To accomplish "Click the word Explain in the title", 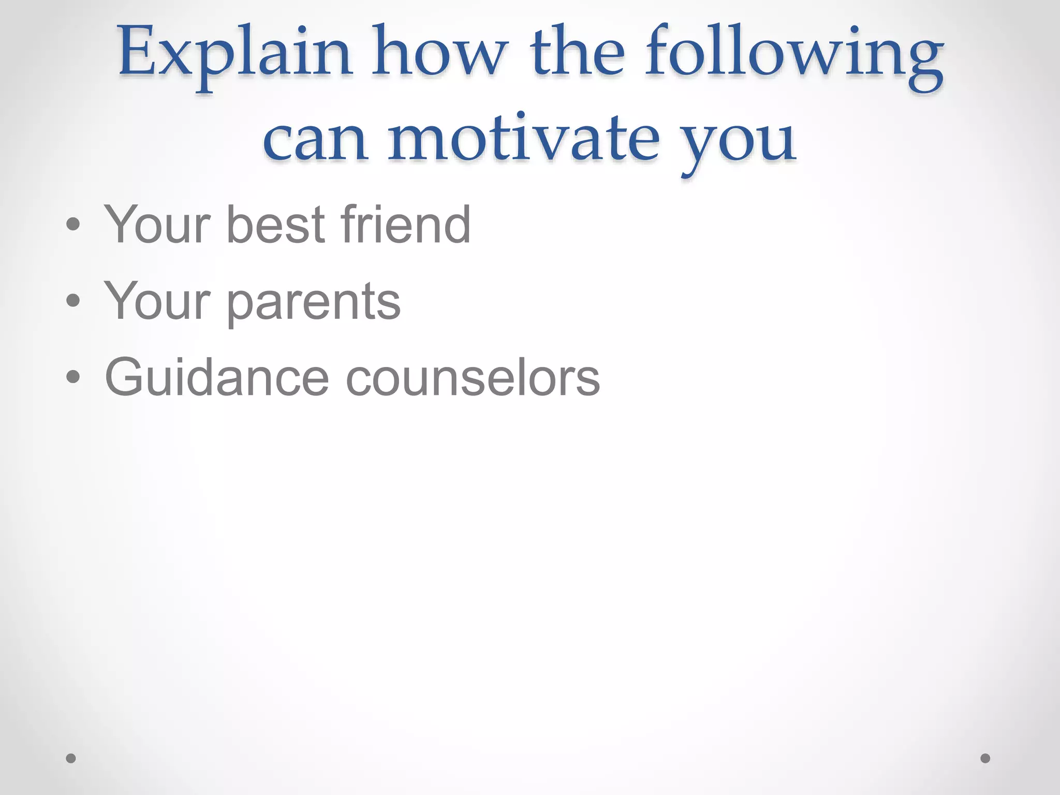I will point(235,54).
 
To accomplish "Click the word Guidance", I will point(217,377).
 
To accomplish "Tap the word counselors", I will point(473,378).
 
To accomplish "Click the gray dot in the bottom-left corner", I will point(71,758).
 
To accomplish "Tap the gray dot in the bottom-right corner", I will point(985,758).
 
